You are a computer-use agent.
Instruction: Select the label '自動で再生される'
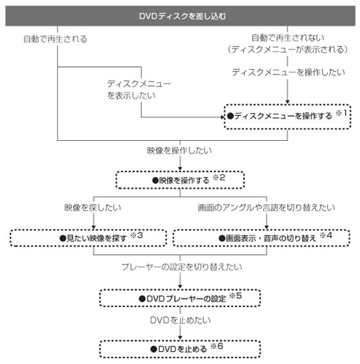click(x=55, y=39)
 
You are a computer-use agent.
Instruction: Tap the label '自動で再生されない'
click(x=287, y=38)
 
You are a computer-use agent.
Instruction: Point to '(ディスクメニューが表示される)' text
click(x=287, y=50)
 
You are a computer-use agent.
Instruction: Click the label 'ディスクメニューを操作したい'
click(x=288, y=72)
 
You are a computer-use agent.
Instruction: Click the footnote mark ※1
click(x=342, y=113)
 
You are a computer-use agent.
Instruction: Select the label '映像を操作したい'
click(x=179, y=151)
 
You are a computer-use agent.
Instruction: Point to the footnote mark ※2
click(x=218, y=177)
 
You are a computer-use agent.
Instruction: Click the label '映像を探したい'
click(x=92, y=208)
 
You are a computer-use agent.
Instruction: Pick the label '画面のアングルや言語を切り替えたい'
click(x=266, y=208)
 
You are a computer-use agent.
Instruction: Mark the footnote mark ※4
click(x=326, y=235)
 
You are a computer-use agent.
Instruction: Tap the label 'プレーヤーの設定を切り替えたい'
click(x=181, y=267)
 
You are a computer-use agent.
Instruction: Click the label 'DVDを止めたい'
click(x=180, y=320)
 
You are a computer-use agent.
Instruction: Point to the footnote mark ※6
click(x=217, y=346)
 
